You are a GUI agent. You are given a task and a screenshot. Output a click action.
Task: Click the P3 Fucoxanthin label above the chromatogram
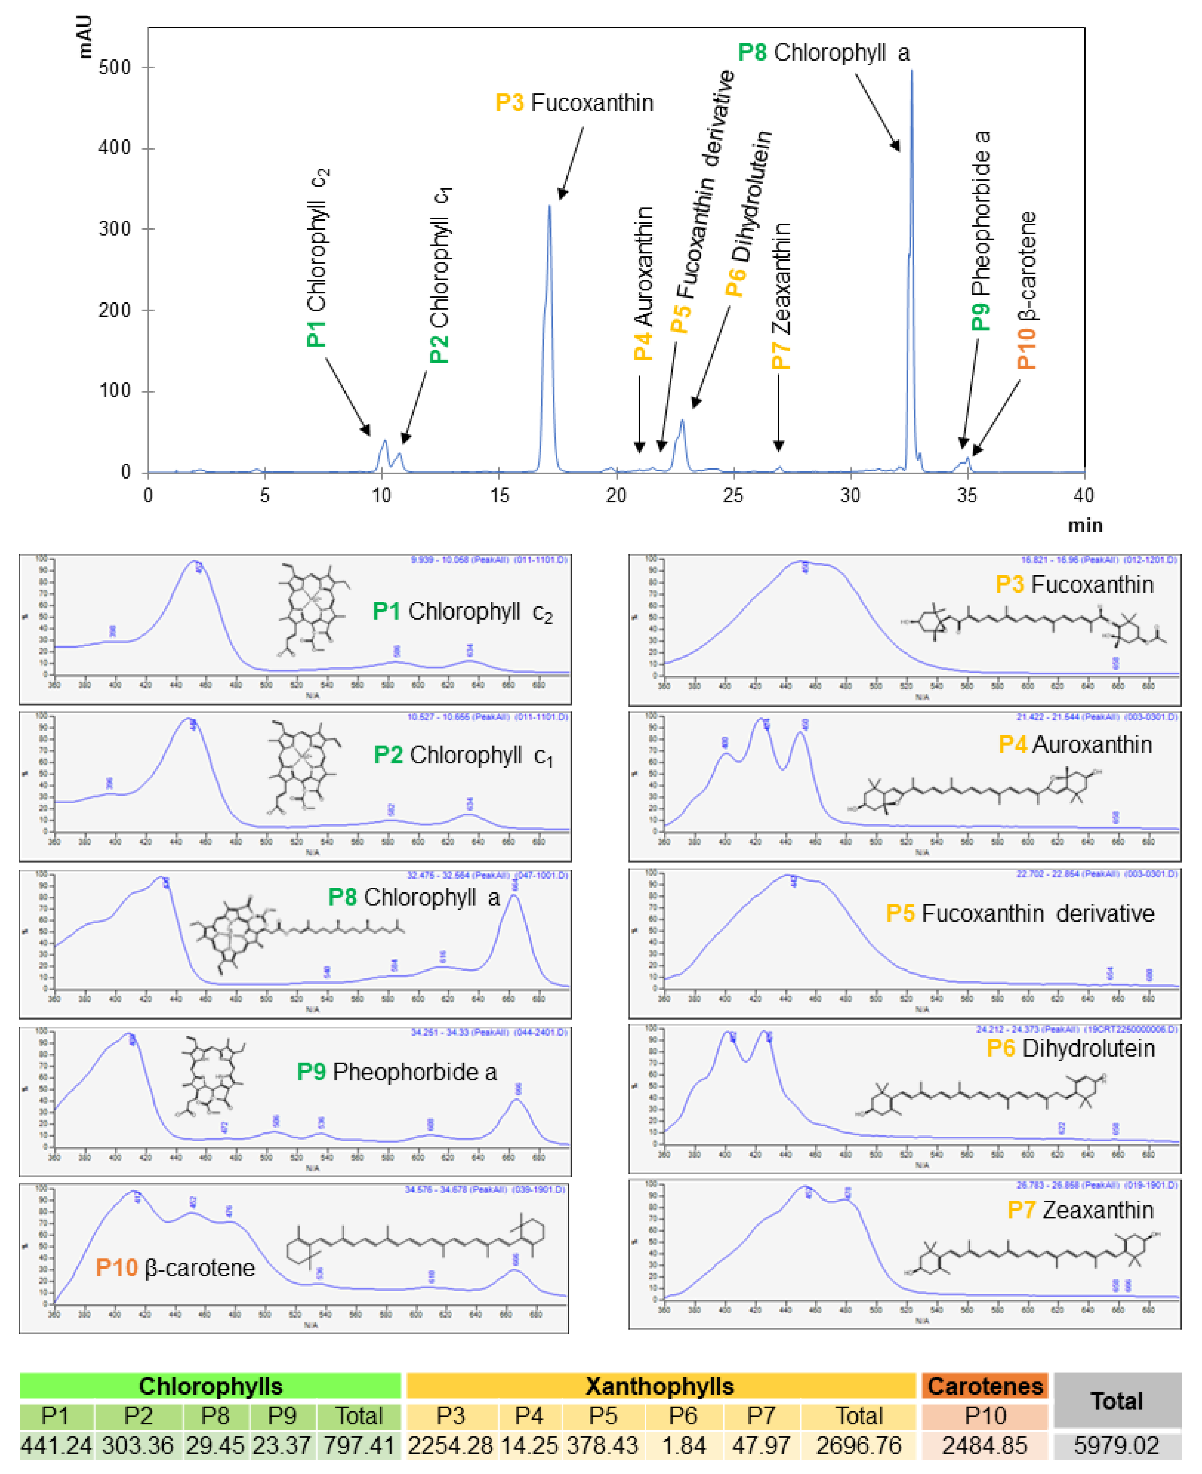point(574,103)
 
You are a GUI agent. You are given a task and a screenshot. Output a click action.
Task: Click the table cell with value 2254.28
point(450,1446)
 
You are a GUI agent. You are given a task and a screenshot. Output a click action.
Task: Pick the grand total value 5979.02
point(1116,1446)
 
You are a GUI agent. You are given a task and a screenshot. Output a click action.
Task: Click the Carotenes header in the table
point(985,1386)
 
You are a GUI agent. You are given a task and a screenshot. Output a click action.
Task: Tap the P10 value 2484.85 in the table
point(985,1446)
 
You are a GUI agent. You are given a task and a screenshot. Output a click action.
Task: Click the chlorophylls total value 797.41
point(359,1446)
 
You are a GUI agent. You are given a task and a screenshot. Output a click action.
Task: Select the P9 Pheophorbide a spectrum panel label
point(397,1072)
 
